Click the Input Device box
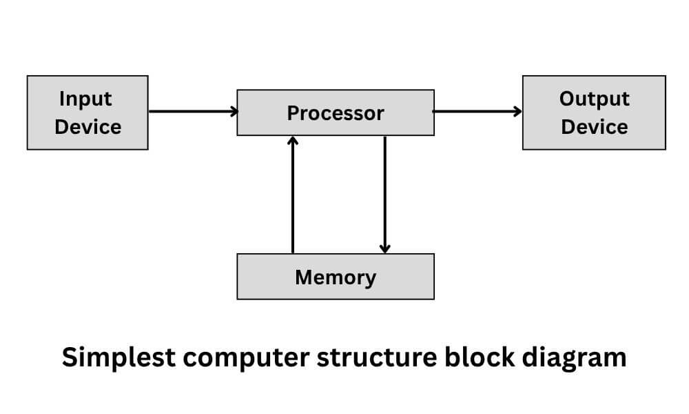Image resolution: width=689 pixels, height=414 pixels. tap(88, 112)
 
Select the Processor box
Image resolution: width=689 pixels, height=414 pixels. tap(336, 112)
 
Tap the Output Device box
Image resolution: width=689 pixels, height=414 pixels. tap(594, 112)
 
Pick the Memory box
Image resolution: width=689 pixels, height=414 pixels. tap(336, 277)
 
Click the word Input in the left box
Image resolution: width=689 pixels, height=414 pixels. tap(85, 99)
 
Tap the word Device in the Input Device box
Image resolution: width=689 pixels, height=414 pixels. tap(88, 127)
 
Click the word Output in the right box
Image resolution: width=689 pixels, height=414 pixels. tap(594, 99)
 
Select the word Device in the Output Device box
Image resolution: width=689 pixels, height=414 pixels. tap(594, 127)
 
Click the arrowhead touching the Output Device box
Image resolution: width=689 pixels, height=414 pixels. tap(517, 111)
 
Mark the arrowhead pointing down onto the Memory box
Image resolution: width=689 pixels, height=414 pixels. tap(384, 248)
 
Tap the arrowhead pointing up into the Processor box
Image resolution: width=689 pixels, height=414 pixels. tap(293, 140)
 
